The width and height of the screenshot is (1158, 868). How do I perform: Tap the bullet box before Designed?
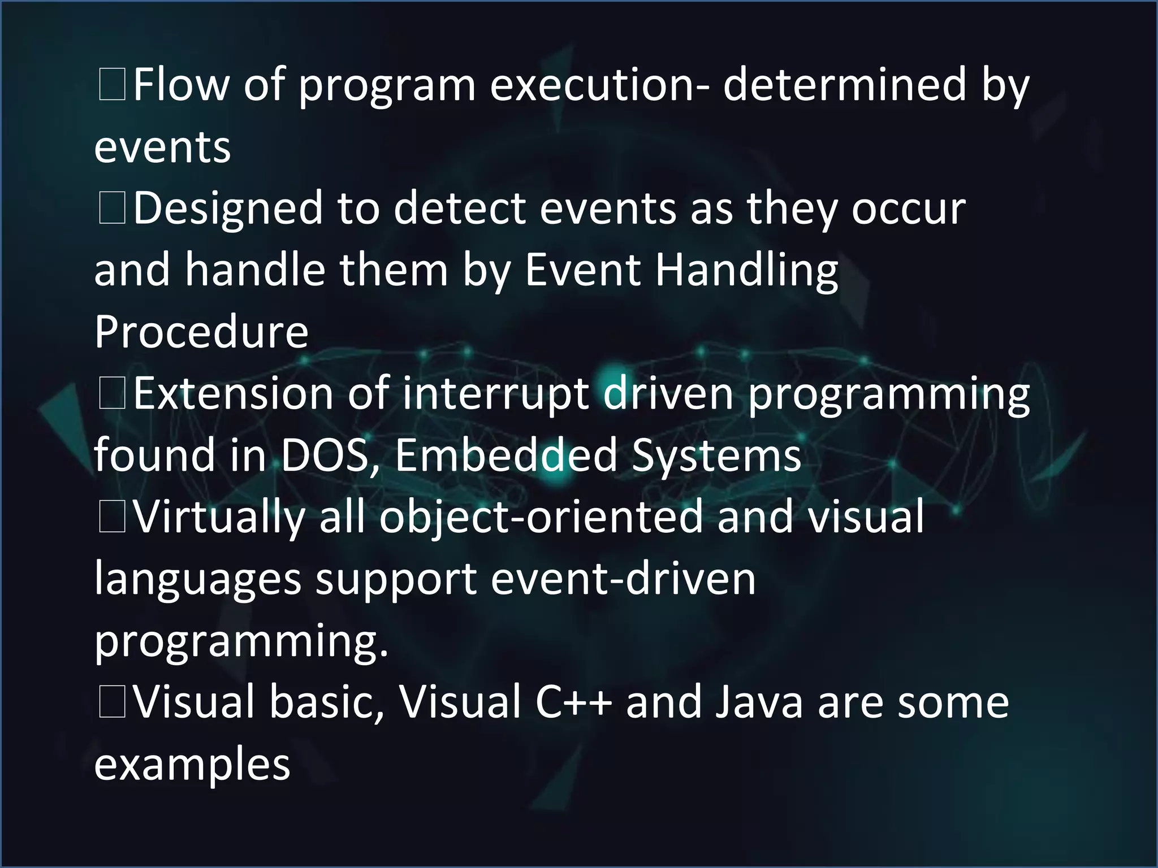pyautogui.click(x=112, y=208)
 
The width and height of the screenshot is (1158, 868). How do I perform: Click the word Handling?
pyautogui.click(x=746, y=270)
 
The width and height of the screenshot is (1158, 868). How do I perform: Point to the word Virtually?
pyautogui.click(x=219, y=517)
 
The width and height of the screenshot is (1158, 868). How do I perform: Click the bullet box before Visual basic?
pyautogui.click(x=112, y=702)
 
